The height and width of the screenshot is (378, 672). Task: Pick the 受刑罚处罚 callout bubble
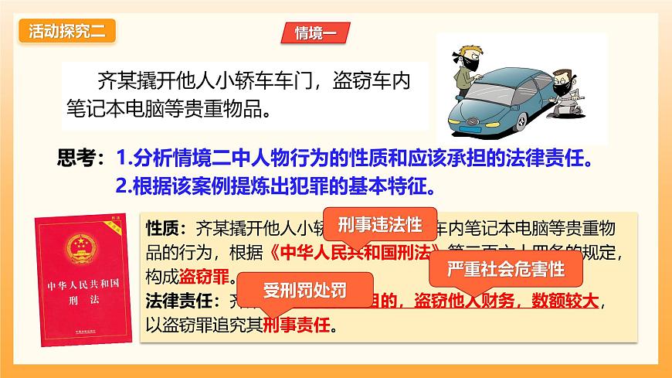pyautogui.click(x=304, y=291)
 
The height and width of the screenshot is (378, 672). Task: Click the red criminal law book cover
pyautogui.click(x=81, y=278)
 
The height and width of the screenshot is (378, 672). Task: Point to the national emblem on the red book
pyautogui.click(x=80, y=248)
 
